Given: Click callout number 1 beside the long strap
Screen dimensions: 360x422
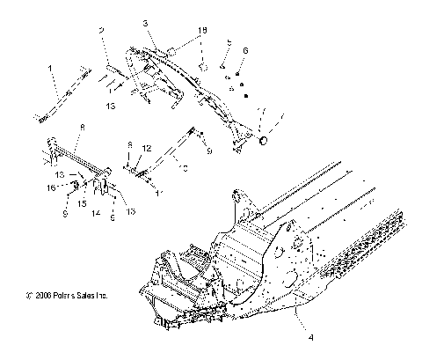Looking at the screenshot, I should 49,67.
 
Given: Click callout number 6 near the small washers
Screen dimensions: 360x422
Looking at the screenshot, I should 245,50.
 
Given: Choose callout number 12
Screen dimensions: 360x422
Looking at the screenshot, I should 148,147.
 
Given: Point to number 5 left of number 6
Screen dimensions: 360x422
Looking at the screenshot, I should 228,43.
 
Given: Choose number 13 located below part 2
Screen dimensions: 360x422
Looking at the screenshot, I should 110,104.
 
